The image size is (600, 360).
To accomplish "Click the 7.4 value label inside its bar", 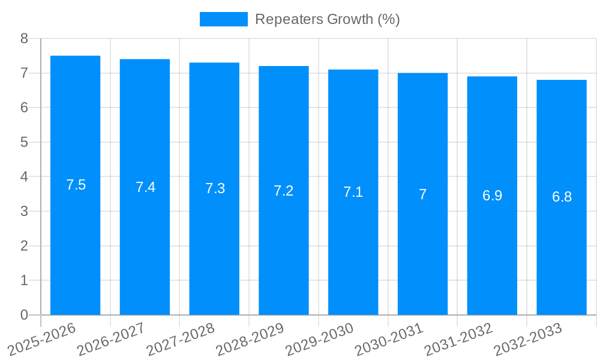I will [x=145, y=187].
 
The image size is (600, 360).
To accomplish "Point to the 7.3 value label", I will [x=215, y=188].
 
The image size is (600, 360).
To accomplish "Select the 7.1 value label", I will [x=353, y=192].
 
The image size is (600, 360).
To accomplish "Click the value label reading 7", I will [x=422, y=194].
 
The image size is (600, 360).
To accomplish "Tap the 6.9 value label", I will [x=492, y=196].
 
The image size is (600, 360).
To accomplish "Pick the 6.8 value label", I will [x=562, y=197].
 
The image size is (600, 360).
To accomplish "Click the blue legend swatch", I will [x=223, y=19].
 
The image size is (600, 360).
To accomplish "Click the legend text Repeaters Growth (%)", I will [x=327, y=19].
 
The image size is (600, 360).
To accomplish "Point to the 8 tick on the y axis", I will [x=24, y=38].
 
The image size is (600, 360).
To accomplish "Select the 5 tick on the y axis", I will [x=24, y=142].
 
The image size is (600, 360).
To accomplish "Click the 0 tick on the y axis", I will [x=24, y=315].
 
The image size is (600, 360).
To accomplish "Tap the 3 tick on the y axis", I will [x=24, y=211].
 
